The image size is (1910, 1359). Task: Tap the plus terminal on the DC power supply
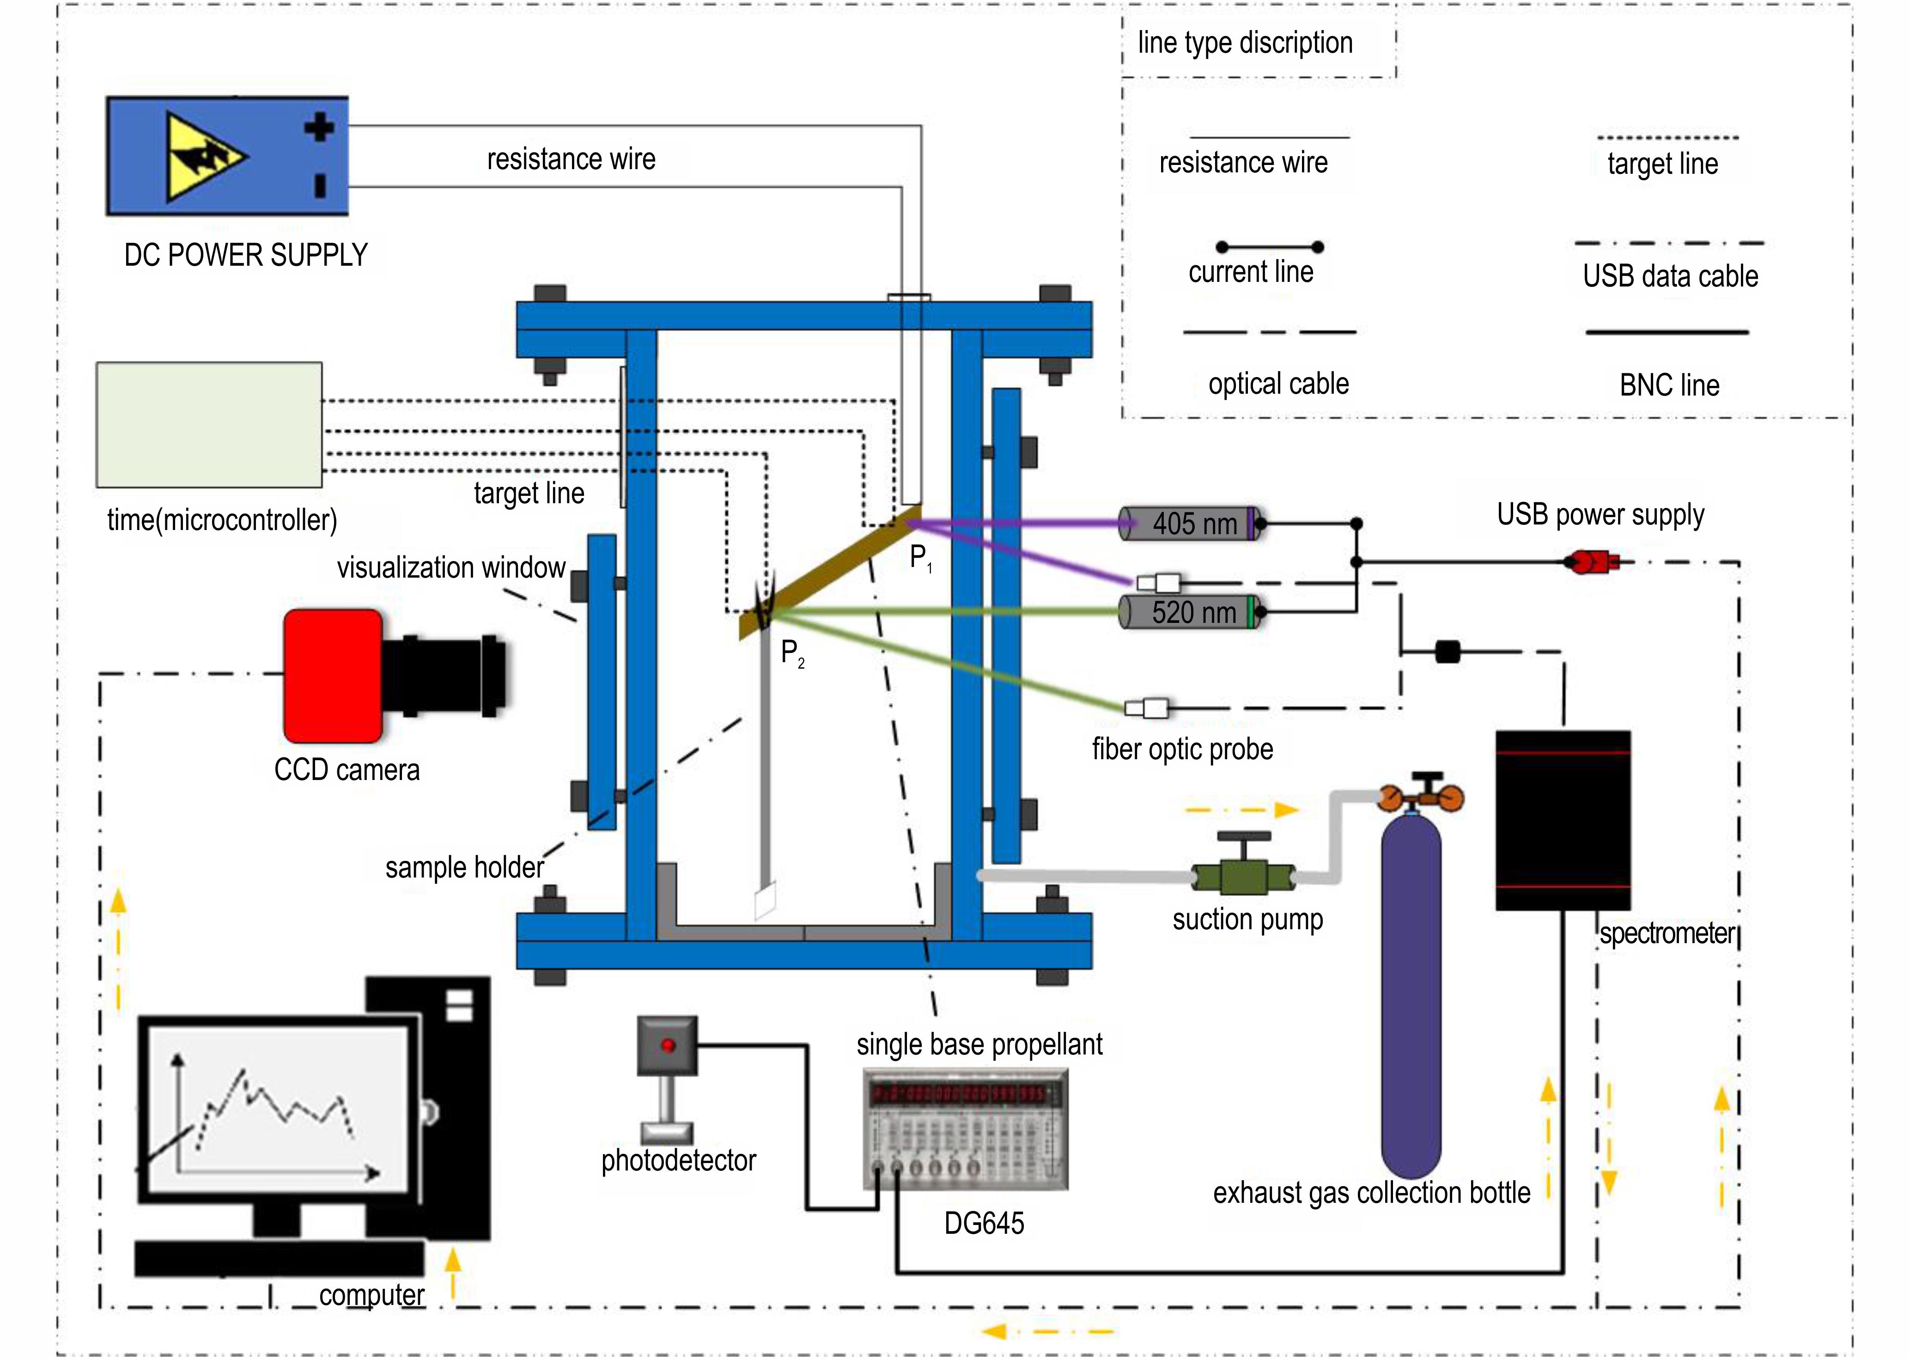click(x=319, y=128)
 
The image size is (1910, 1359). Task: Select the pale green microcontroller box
click(x=209, y=424)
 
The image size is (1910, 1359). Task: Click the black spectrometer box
click(x=1562, y=820)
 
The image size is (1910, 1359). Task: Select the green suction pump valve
click(x=1244, y=877)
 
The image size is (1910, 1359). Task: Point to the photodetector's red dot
click(x=668, y=1045)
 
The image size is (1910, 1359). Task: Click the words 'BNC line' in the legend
click(x=1669, y=385)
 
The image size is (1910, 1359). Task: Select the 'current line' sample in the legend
click(x=1269, y=247)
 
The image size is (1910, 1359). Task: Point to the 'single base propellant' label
click(x=979, y=1044)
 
